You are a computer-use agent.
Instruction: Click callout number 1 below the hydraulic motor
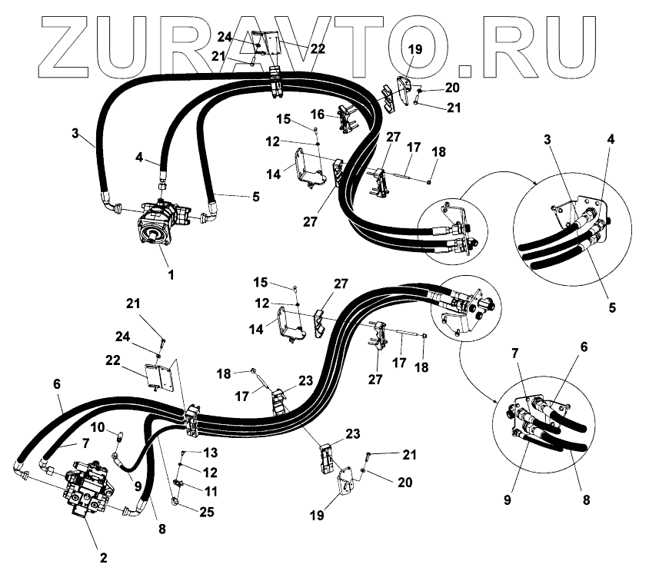(171, 274)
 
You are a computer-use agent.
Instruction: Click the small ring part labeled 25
(176, 503)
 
